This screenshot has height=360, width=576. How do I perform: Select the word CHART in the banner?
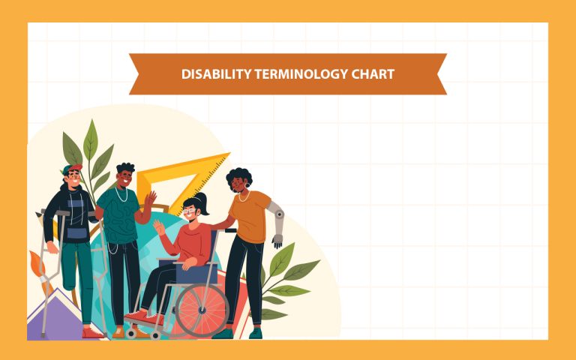click(x=373, y=74)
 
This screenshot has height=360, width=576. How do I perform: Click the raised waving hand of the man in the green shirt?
click(x=150, y=199)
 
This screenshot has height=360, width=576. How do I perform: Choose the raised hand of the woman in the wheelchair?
click(x=160, y=226)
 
